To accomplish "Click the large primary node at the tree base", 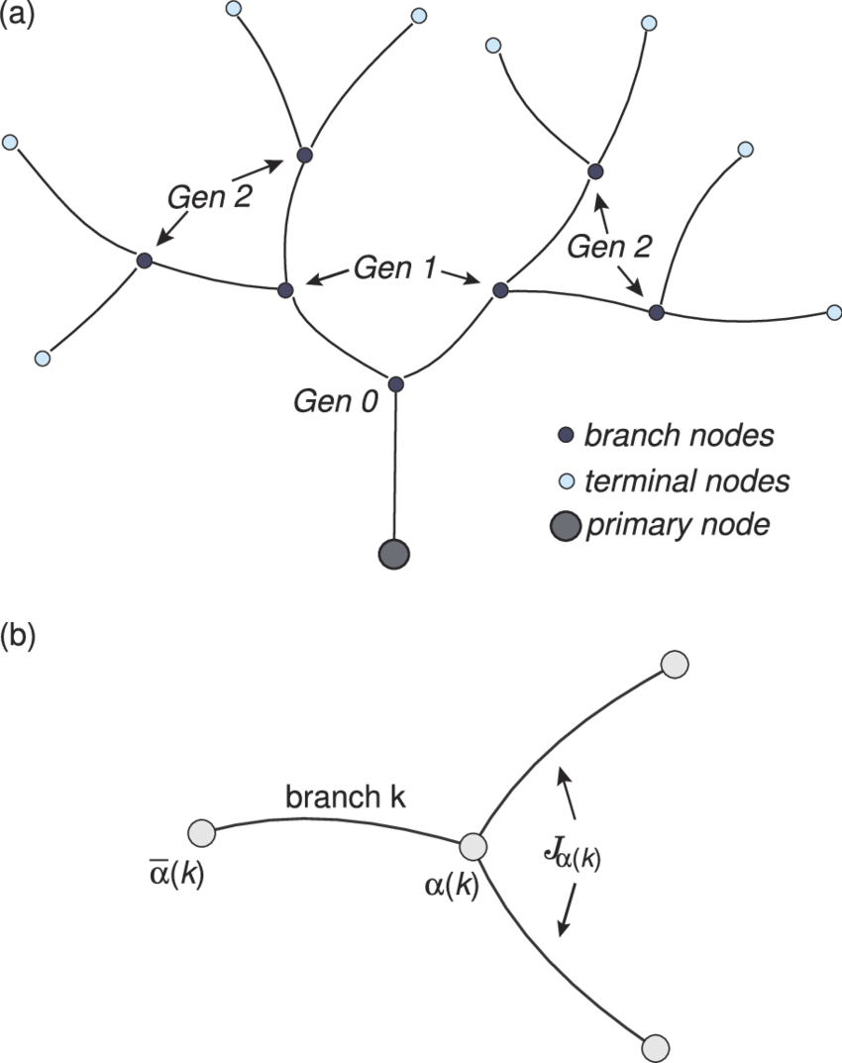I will pyautogui.click(x=394, y=554).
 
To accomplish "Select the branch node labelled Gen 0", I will pyautogui.click(x=395, y=384).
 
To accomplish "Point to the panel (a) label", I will pyautogui.click(x=18, y=16).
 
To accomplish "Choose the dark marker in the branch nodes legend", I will pyautogui.click(x=566, y=435).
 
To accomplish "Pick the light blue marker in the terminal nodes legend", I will pyautogui.click(x=566, y=481).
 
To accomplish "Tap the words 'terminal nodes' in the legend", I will pyautogui.click(x=686, y=481).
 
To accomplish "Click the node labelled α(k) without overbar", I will pyautogui.click(x=473, y=847).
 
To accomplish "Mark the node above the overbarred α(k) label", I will pyautogui.click(x=201, y=833).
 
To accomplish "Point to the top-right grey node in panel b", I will pyautogui.click(x=675, y=664).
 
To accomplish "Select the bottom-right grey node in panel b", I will pyautogui.click(x=657, y=1046).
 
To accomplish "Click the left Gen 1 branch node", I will pyautogui.click(x=285, y=290).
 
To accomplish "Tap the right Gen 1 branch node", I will pyautogui.click(x=500, y=289).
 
